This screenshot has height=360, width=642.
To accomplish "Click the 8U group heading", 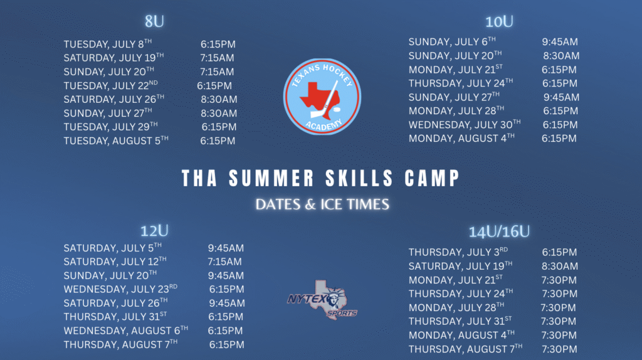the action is coord(154,21).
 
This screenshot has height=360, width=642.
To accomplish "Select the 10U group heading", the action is coord(499,22).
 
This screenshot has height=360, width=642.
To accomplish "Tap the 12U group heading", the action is coord(154,231).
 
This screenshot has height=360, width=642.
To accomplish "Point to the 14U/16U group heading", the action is coord(499,232).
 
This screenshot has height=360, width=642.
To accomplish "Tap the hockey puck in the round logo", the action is coord(336,110).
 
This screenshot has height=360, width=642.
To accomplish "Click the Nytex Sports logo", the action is coord(322,300).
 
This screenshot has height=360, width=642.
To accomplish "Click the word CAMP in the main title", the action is coord(433,179).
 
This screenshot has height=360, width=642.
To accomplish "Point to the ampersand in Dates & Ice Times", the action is coord(311,204).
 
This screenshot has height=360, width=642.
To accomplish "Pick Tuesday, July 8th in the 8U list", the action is coord(108,44).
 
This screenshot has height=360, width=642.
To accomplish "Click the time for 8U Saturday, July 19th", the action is coord(217,58).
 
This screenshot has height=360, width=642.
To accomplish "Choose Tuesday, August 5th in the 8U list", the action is coord(116,140).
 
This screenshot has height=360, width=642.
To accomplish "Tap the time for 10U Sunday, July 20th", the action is coord(561,56).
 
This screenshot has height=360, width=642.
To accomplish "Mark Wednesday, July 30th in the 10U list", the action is coord(465,124).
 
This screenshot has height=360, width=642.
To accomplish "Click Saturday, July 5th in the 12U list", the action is coord(113,248).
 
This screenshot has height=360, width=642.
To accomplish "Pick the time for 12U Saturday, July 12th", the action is coord(224,262).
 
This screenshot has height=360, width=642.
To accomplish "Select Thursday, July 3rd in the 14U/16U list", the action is coord(458,252).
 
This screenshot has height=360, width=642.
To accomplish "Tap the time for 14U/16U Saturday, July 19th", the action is coord(560,266).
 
